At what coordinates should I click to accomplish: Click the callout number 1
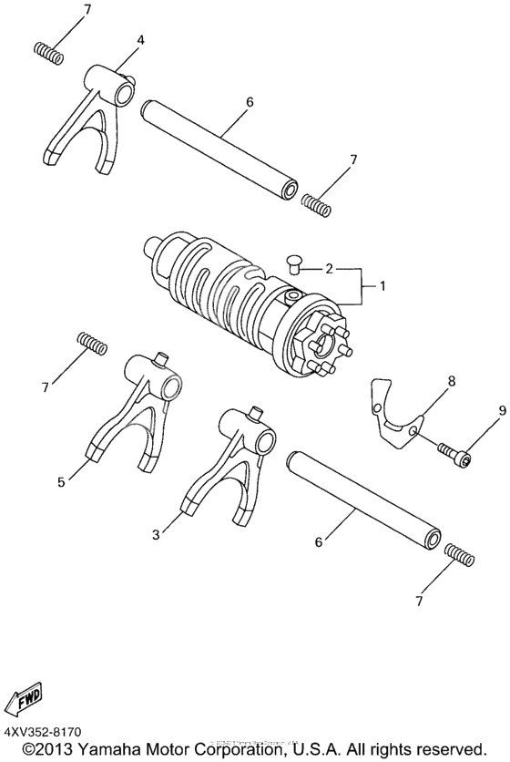tap(383, 286)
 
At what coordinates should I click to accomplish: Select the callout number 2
tap(329, 269)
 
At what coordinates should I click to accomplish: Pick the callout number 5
tap(61, 481)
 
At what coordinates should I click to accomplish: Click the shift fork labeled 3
tap(228, 465)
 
